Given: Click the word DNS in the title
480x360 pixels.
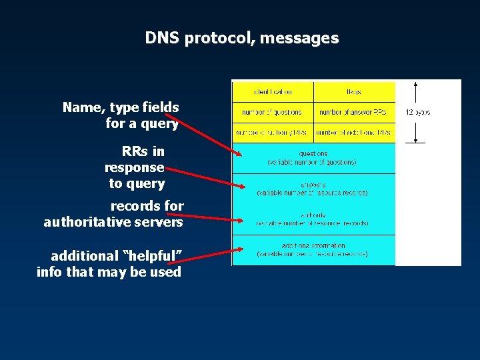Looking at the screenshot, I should (162, 39).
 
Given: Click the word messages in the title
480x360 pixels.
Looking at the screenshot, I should (299, 39).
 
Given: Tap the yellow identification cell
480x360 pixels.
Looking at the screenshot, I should (273, 91).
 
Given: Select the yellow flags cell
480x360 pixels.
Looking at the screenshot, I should (354, 91).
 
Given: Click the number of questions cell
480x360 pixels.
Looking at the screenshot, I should (273, 112).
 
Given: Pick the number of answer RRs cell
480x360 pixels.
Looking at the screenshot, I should (354, 112).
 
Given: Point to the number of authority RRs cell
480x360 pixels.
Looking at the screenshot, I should (273, 133).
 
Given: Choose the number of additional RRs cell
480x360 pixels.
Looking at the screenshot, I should (354, 133).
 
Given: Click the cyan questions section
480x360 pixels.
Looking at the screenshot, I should (313, 158).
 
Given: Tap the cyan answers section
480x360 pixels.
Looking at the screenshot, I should (313, 189).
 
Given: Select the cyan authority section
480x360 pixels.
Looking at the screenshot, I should (313, 219).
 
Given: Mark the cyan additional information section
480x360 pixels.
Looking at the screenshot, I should (313, 250).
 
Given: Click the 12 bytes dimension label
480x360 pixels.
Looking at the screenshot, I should (418, 113).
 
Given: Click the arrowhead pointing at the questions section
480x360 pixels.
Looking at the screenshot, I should (240, 152).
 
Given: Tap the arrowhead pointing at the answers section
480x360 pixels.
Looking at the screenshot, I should (240, 184).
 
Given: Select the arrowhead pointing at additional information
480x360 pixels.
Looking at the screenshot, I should (240, 250).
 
